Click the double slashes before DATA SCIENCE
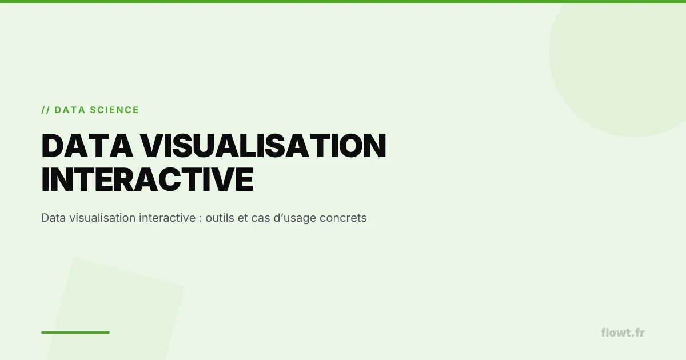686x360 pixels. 45,110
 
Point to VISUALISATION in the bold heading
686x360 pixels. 264,146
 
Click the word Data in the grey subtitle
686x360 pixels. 53,218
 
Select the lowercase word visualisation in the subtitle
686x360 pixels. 101,218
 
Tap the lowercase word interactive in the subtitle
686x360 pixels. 165,218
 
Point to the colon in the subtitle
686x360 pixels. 201,219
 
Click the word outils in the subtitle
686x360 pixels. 221,218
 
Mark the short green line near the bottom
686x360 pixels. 75,332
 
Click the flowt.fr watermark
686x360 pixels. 623,332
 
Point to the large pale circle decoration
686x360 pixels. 623,63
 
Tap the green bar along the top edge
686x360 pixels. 343,2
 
